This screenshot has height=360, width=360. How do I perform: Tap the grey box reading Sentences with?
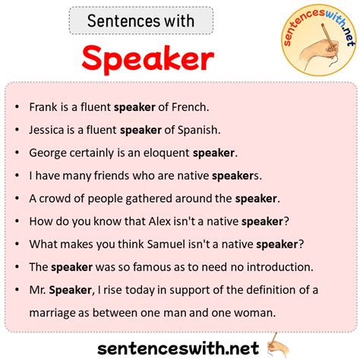(141, 21)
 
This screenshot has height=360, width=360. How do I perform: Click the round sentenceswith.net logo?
(319, 40)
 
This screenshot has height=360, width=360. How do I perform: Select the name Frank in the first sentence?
(43, 107)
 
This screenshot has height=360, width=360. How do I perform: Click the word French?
(190, 107)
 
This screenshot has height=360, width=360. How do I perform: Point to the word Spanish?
(199, 130)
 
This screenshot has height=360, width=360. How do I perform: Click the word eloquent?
(166, 153)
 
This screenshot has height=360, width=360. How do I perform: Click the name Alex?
(159, 222)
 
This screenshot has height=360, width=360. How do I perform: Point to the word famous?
(150, 267)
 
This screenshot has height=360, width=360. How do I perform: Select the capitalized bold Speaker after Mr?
(71, 290)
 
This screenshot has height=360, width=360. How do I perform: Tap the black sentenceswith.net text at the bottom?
(178, 349)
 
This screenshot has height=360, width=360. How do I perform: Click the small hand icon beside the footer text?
(278, 346)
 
